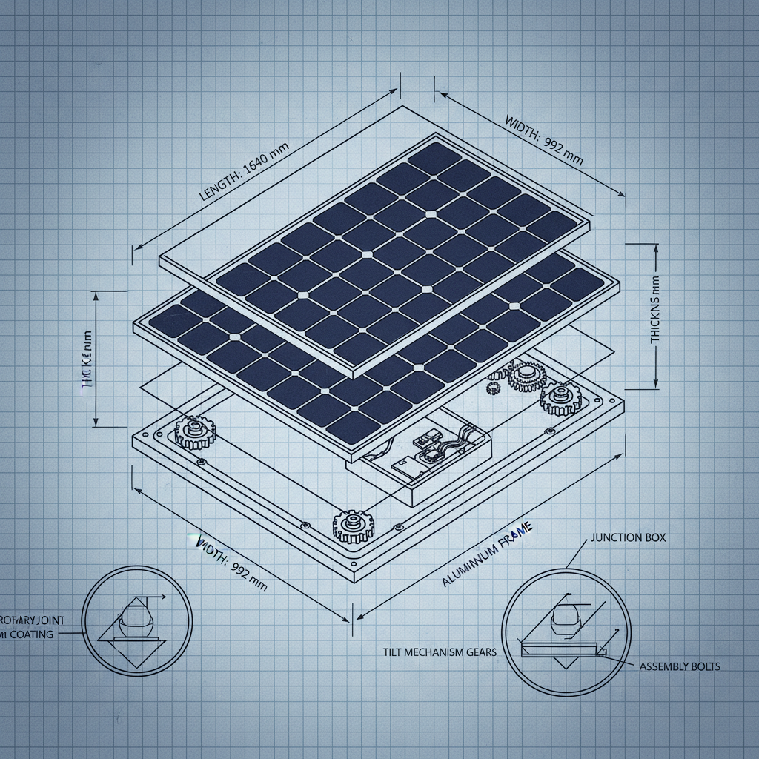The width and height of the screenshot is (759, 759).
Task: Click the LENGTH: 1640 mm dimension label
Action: pos(244,170)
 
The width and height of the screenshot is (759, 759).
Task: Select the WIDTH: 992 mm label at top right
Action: pos(543,139)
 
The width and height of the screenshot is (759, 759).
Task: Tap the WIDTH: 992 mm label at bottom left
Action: pos(231,563)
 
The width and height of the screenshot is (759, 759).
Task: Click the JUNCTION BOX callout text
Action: pos(629,537)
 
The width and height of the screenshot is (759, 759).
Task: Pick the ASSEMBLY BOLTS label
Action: pos(679,666)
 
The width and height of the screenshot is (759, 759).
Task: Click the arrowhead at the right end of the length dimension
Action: pos(394,93)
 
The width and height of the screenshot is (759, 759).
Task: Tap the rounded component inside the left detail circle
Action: pos(136,616)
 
